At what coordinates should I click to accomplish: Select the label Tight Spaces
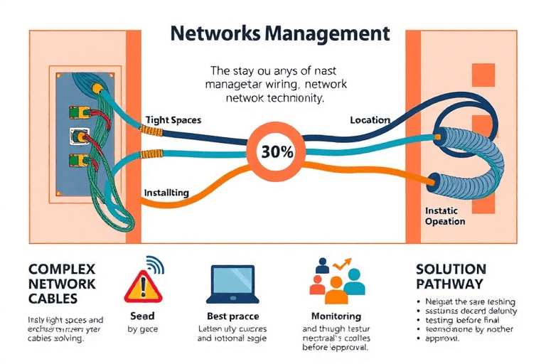(x=173, y=120)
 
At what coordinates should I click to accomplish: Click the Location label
(x=370, y=120)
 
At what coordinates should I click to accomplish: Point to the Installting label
(x=166, y=192)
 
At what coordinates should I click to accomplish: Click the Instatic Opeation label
(x=444, y=216)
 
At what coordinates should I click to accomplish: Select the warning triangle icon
(x=143, y=287)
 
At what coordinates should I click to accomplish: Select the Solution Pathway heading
(x=451, y=277)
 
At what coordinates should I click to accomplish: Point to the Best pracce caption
(x=232, y=316)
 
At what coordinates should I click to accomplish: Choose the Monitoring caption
(x=336, y=316)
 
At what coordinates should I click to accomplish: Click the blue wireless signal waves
(x=154, y=265)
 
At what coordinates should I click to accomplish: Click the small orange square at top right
(x=482, y=74)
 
